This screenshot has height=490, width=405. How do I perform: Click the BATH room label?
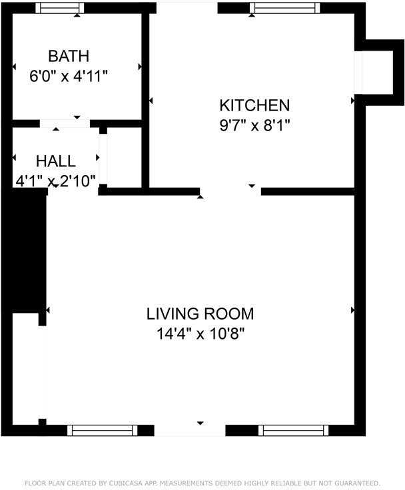(68, 55)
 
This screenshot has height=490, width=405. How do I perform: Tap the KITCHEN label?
(254, 105)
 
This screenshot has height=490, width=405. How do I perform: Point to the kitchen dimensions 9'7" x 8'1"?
(254, 124)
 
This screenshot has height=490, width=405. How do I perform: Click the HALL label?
(56, 161)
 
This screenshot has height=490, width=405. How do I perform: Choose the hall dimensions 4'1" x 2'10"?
(56, 180)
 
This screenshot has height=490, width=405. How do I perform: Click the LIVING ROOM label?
(200, 314)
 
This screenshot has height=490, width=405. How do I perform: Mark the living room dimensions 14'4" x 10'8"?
(200, 334)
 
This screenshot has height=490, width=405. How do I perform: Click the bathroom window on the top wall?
(59, 8)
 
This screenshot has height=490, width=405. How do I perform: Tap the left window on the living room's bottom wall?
(103, 430)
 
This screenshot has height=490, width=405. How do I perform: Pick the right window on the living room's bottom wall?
(294, 430)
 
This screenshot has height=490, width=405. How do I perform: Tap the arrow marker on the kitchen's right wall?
(352, 101)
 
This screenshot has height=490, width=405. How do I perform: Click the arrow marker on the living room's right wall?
(352, 310)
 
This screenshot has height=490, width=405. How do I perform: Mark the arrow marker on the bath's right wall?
(140, 67)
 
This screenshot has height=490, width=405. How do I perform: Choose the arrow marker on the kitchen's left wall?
(151, 101)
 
